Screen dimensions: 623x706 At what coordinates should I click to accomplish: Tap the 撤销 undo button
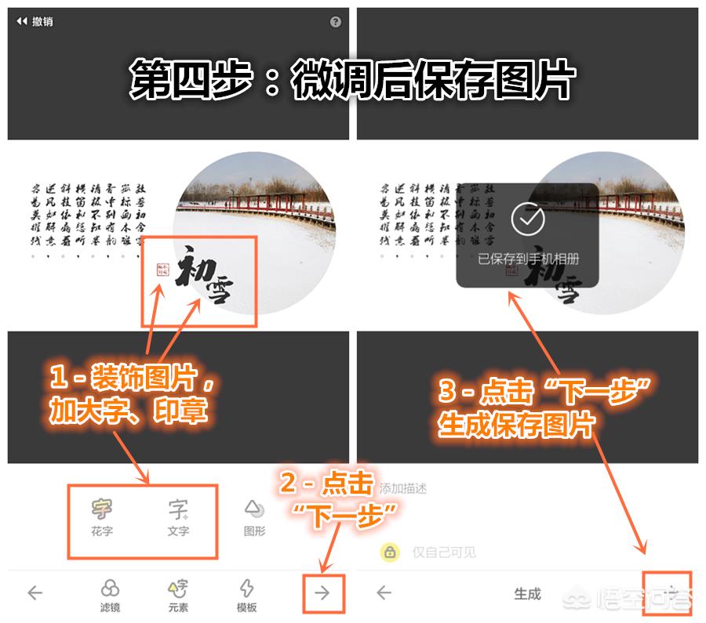35,22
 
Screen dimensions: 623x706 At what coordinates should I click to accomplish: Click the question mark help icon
336,22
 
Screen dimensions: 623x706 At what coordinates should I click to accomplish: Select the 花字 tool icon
102,517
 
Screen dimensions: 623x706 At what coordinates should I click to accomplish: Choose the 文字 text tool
178,517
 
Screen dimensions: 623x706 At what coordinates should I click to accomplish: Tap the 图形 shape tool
254,517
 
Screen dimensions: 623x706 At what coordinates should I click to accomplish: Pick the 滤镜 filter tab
111,596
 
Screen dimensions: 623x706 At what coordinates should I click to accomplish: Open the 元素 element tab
179,596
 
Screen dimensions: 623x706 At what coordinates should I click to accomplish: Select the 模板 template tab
247,596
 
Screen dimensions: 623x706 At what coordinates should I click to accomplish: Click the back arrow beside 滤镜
35,593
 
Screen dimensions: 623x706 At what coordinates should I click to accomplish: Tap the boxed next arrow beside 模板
322,593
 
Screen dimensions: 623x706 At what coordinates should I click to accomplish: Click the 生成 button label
527,594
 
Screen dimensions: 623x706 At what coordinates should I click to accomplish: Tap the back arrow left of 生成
384,593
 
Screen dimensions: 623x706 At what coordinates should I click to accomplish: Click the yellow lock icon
390,552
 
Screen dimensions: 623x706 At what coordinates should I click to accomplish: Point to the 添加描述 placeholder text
403,488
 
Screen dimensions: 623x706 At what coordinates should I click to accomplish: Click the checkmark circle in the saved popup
527,219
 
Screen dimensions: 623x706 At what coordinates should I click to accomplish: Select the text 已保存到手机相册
528,259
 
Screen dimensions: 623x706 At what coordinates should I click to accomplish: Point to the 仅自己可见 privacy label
444,552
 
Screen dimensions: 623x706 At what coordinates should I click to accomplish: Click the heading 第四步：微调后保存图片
353,79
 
